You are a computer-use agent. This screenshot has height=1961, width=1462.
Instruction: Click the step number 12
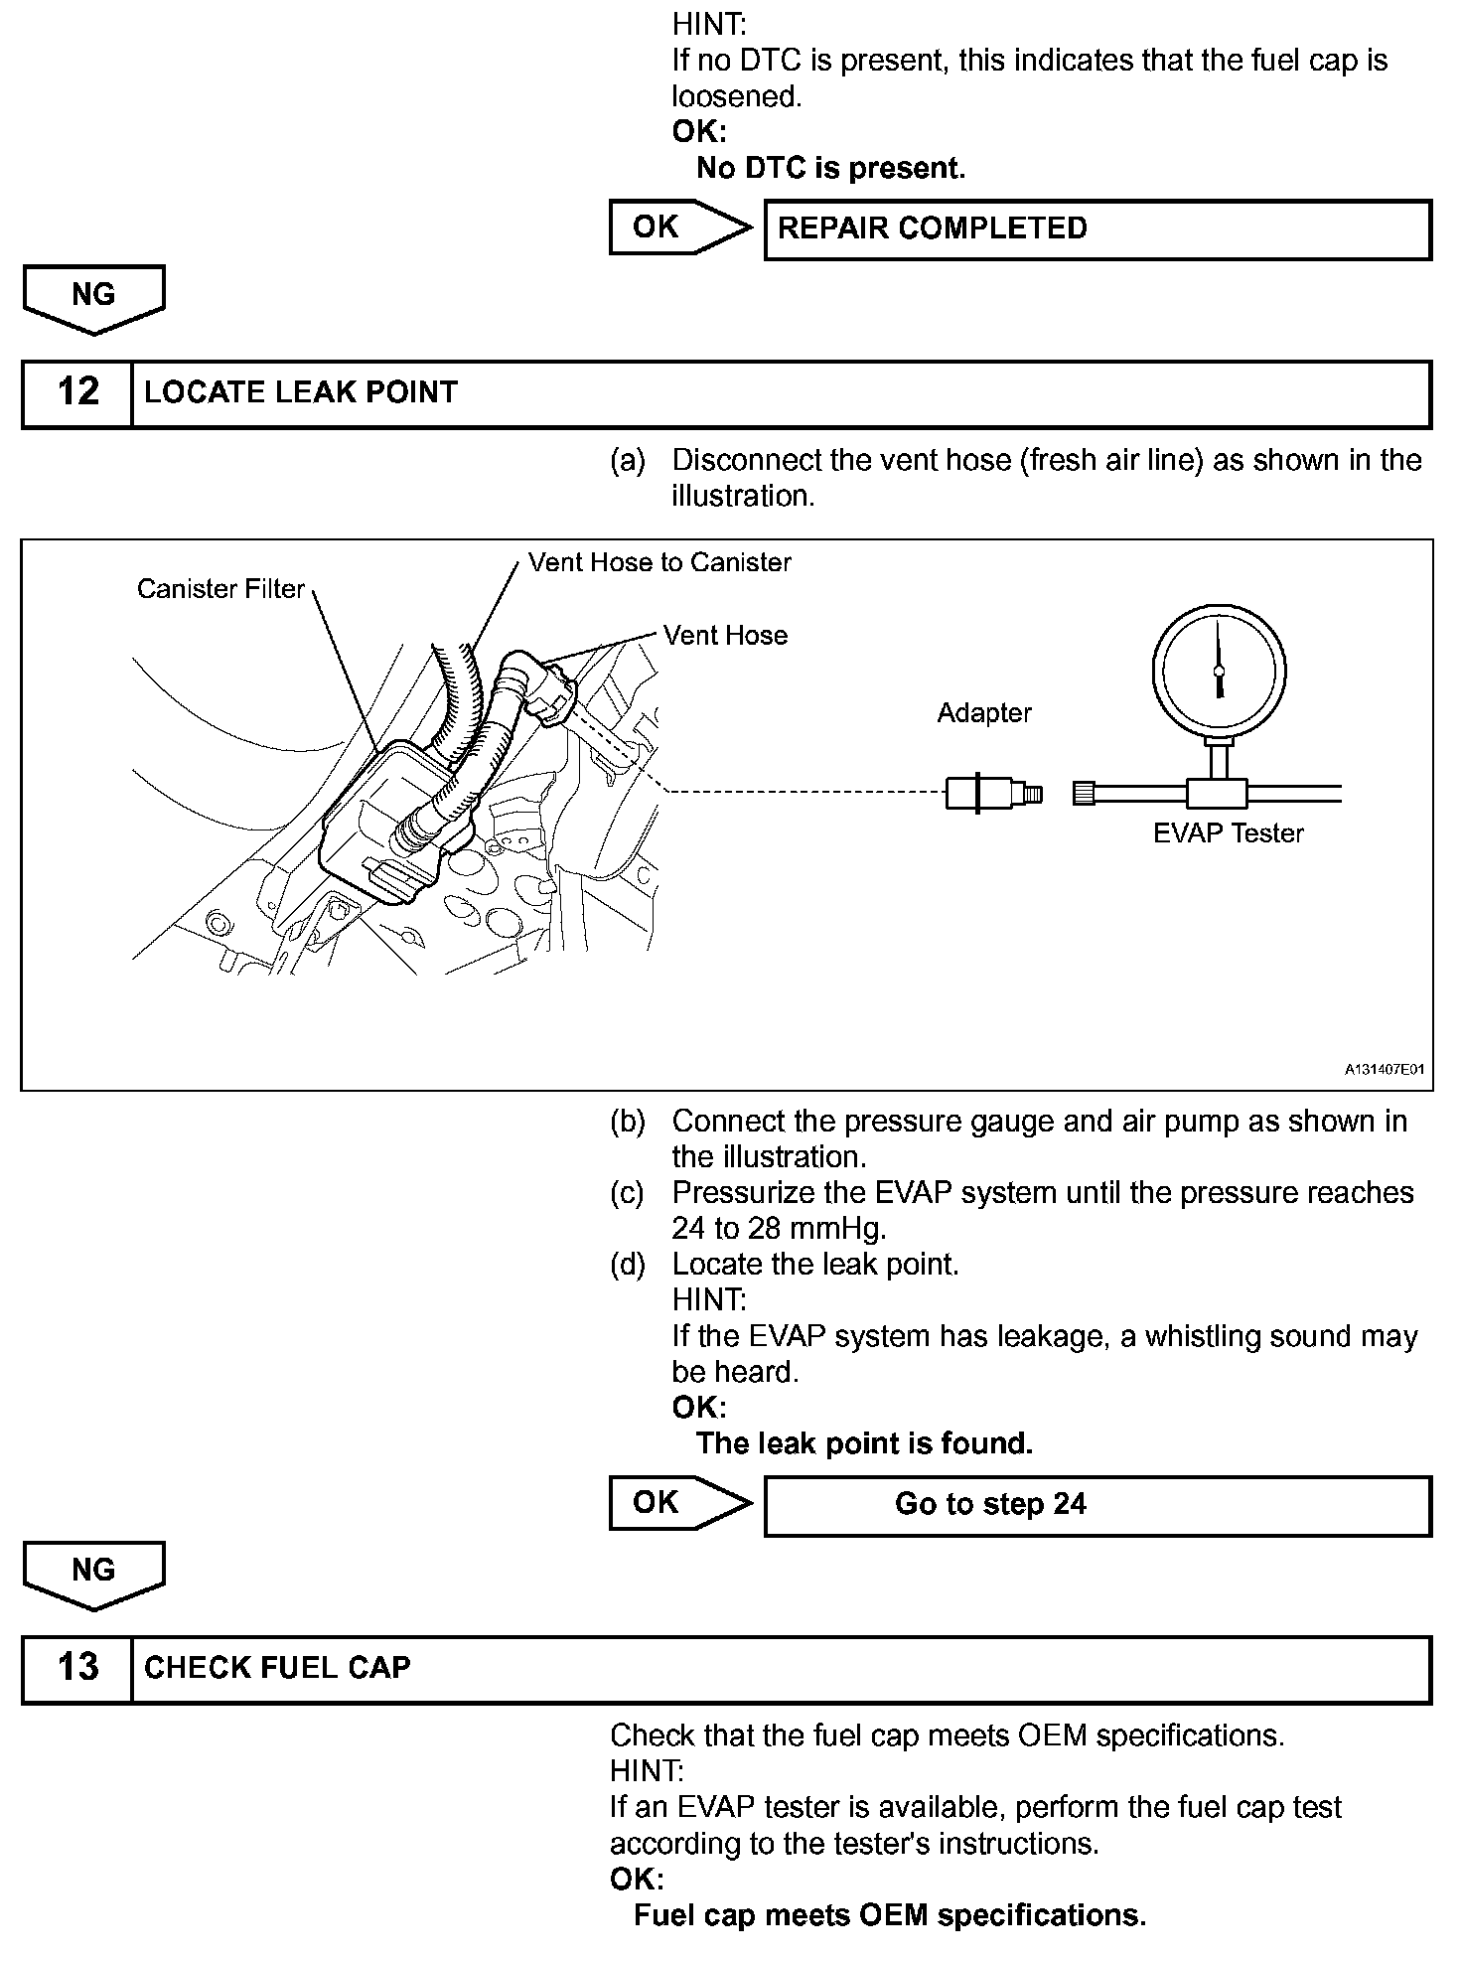pos(77,392)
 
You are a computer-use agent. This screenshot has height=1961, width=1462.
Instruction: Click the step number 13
pos(77,1668)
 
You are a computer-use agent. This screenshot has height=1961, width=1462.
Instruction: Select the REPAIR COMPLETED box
pos(1096,229)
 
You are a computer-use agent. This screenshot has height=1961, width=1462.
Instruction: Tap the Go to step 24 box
pos(1096,1505)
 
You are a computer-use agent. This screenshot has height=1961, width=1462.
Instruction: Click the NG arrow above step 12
pos(93,297)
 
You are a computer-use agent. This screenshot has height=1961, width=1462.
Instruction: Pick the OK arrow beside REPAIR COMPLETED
pos(679,227)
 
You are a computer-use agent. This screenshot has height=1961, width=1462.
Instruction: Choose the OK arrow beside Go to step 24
pos(679,1503)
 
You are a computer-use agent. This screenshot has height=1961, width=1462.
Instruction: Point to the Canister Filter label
pos(220,589)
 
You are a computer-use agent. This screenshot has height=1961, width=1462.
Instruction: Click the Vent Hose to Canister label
pos(659,562)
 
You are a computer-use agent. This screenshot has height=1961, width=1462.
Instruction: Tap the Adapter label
pos(984,712)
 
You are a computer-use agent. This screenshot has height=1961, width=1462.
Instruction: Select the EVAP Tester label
pos(1228,833)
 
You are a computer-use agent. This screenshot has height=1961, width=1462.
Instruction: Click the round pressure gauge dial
pos(1220,671)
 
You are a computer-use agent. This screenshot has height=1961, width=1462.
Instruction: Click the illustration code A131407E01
pos(1385,1070)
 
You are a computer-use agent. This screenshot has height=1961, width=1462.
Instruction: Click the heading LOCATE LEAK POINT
pos(301,392)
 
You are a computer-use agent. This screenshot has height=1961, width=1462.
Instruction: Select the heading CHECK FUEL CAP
pos(277,1668)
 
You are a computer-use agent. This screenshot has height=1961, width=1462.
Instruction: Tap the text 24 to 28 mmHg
pos(779,1229)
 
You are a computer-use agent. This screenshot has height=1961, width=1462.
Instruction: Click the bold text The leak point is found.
pos(864,1443)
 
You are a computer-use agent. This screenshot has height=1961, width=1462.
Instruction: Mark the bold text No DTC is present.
pos(830,168)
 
